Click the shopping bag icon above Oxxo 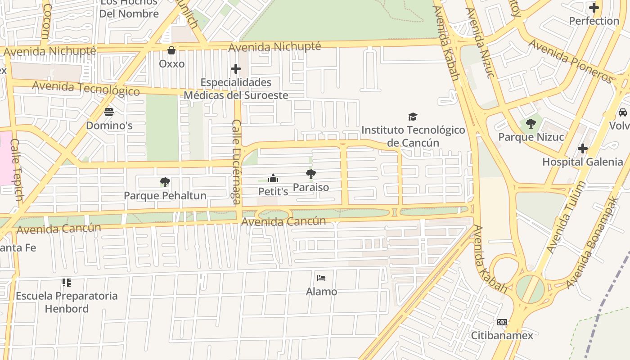[x=171, y=50]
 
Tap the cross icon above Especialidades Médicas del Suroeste [x=235, y=69]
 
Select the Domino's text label [x=109, y=126]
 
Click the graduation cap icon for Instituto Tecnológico [x=413, y=117]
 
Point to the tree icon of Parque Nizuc [x=531, y=123]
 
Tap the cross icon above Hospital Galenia [x=583, y=148]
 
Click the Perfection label [x=594, y=21]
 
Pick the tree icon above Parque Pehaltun [x=165, y=182]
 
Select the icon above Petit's [x=273, y=179]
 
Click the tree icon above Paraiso [x=310, y=174]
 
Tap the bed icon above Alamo [x=321, y=278]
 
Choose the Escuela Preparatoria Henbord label [x=67, y=302]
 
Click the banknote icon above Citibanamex [x=502, y=322]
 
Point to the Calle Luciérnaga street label [x=236, y=162]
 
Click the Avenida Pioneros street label [x=571, y=61]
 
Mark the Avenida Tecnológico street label [x=86, y=88]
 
